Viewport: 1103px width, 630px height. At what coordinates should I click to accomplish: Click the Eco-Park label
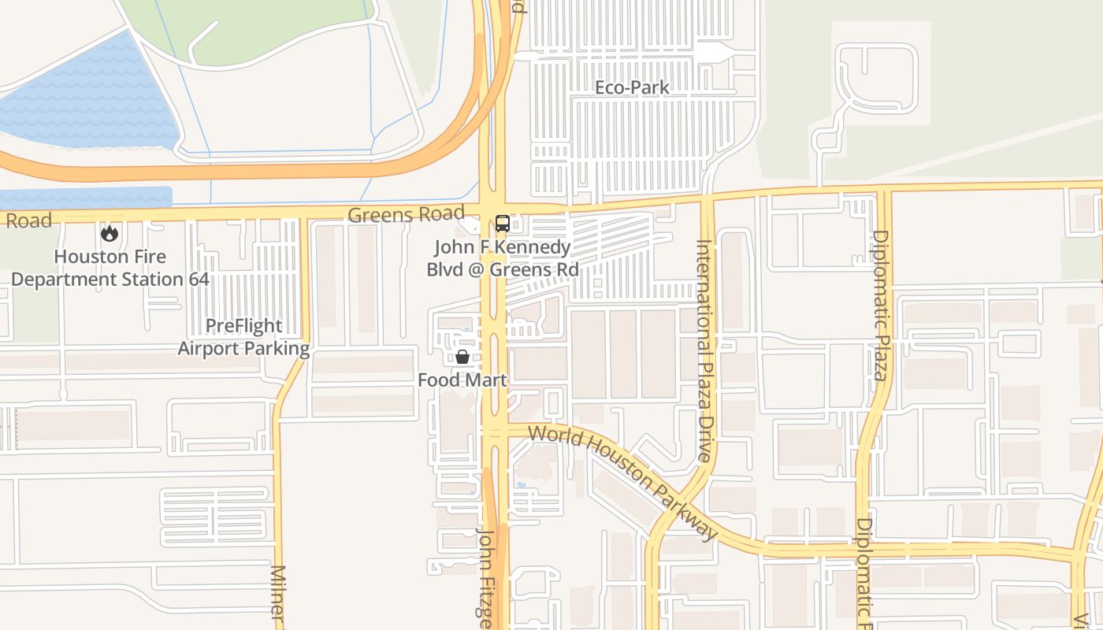tap(632, 87)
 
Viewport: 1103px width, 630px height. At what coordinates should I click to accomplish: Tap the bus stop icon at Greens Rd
tap(502, 224)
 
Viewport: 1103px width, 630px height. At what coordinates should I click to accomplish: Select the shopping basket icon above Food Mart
tap(462, 357)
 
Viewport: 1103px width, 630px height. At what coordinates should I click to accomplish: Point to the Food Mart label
tap(462, 380)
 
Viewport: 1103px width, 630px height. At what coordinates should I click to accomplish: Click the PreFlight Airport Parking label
tap(243, 337)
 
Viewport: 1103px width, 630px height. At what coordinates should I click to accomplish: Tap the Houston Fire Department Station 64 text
tap(110, 268)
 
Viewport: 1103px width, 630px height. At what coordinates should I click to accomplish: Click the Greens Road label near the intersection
tap(406, 214)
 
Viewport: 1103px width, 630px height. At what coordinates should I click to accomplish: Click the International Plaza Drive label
tap(704, 350)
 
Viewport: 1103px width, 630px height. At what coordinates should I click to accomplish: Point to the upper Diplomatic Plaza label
tap(880, 305)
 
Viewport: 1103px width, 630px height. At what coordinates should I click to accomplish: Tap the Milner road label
tap(277, 595)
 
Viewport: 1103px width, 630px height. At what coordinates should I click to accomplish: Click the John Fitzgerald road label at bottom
tap(485, 579)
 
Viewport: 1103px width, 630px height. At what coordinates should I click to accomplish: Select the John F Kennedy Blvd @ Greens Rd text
tap(502, 258)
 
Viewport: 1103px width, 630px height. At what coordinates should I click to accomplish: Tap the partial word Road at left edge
tap(28, 220)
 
